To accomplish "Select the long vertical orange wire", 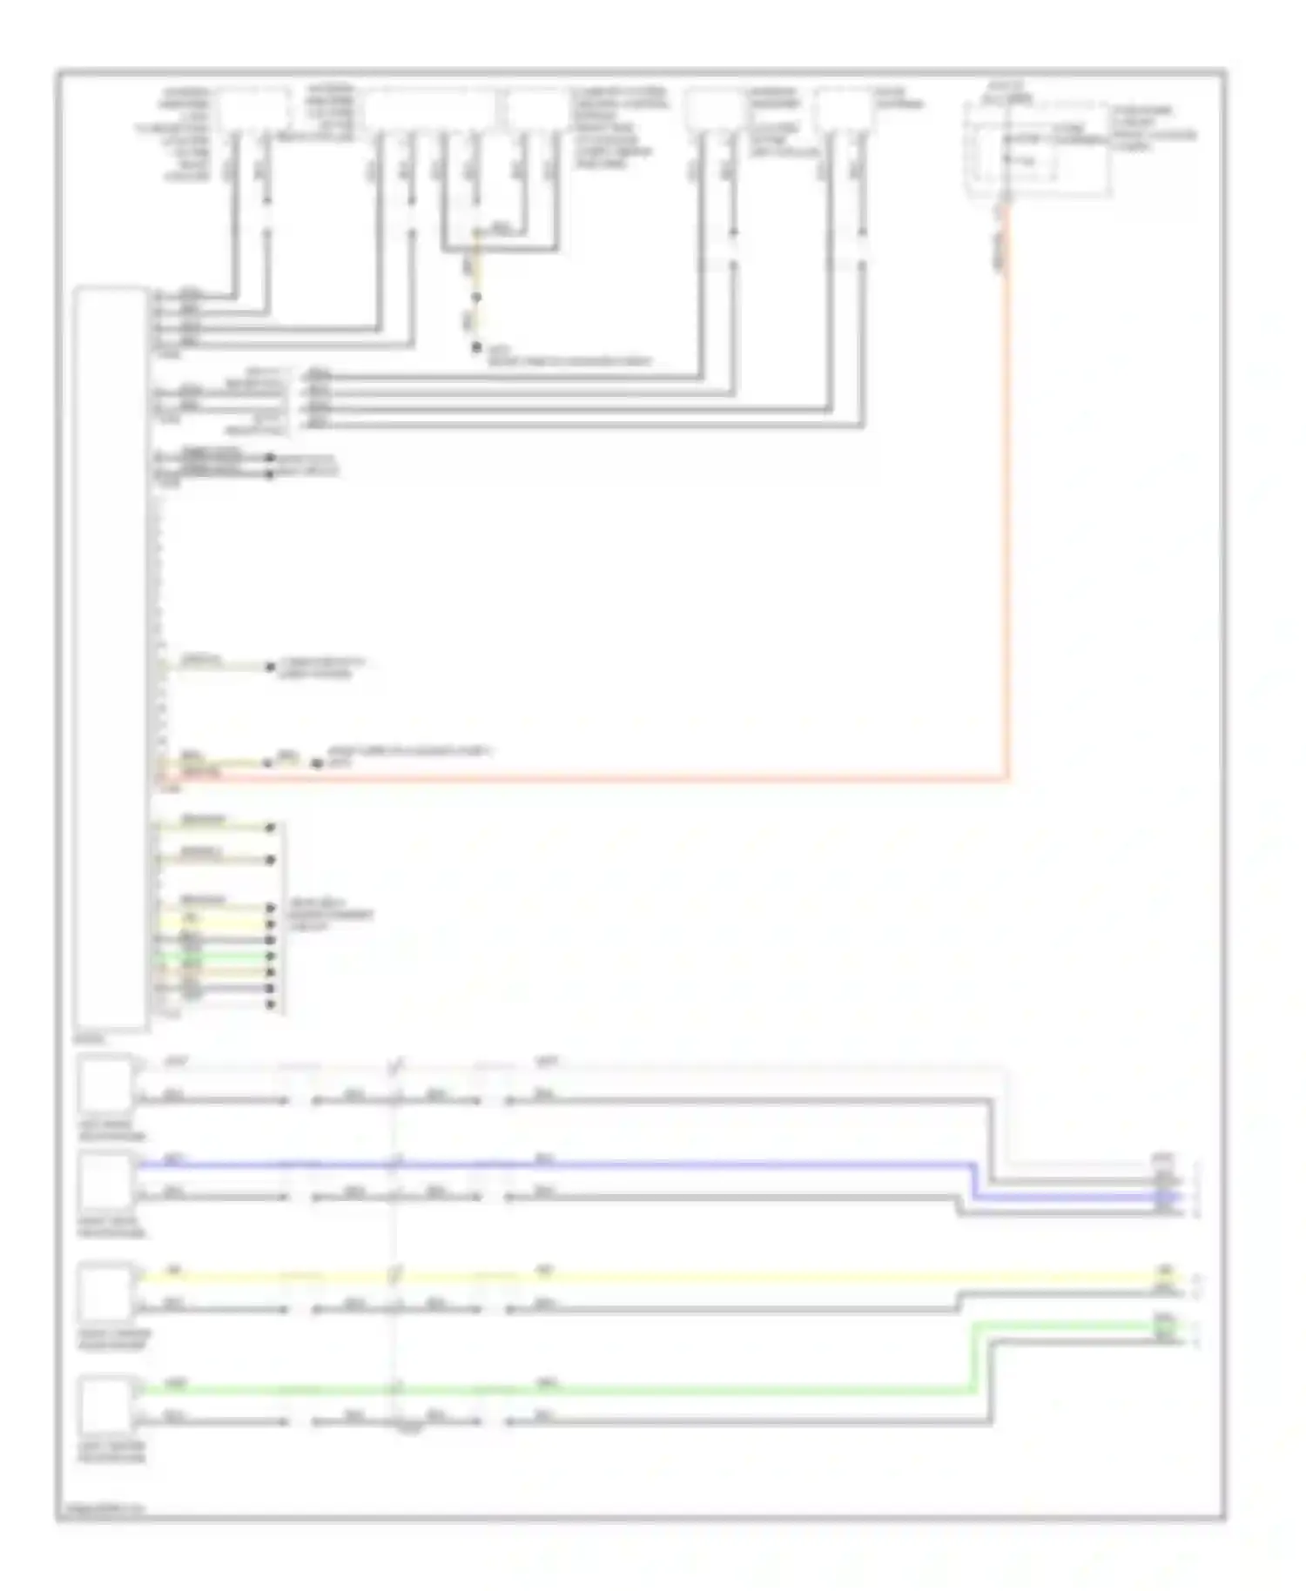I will click(1007, 487).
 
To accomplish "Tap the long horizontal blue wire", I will click(557, 1164).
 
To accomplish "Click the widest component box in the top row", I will click(429, 111).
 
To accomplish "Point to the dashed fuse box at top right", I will click(1036, 148).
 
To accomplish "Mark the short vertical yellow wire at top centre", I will click(475, 261).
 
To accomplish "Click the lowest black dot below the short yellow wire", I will click(476, 347).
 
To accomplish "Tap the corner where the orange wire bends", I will click(1007, 778).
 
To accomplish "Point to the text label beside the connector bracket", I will click(331, 915).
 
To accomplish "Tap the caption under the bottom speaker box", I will click(111, 1452).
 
